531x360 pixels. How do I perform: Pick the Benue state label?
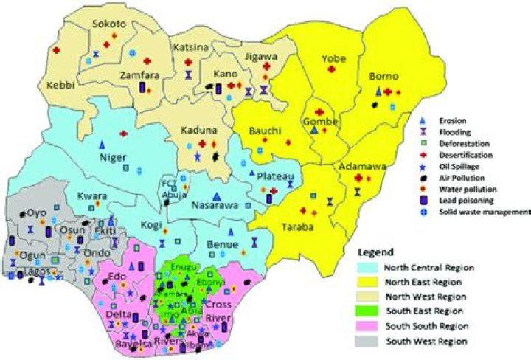(x=222, y=244)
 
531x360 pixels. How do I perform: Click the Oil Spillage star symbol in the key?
(x=423, y=167)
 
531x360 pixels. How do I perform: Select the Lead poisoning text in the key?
(x=465, y=201)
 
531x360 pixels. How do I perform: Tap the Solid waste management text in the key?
(x=483, y=212)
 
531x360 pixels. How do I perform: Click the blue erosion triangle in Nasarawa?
(x=216, y=195)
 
